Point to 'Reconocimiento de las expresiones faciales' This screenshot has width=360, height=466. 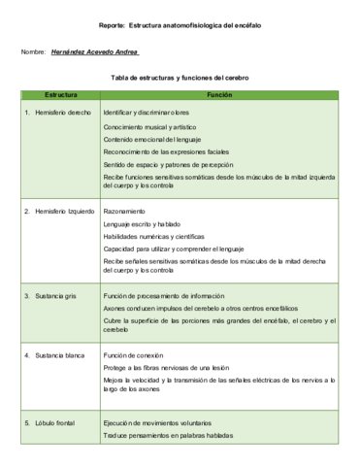166,152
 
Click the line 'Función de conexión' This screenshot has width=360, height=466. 132,355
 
